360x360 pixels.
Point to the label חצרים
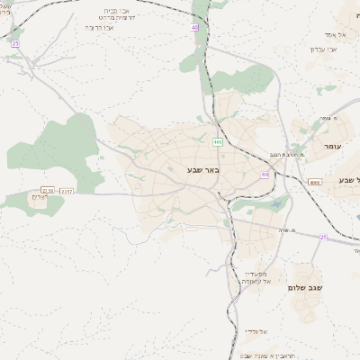(x=38, y=196)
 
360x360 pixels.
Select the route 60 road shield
(x=265, y=175)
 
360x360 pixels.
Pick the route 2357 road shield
(x=67, y=190)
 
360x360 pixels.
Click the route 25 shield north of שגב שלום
(x=323, y=237)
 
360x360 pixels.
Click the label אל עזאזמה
(x=258, y=281)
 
